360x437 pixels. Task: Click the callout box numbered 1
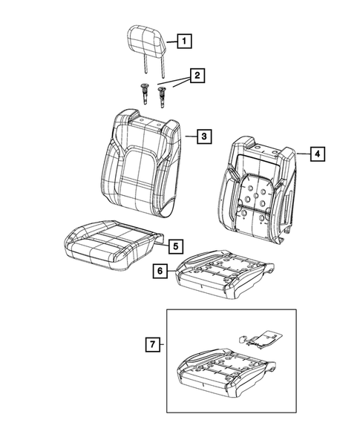pyautogui.click(x=183, y=42)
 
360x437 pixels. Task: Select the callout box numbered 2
pyautogui.click(x=197, y=76)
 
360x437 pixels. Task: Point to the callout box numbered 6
pyautogui.click(x=159, y=272)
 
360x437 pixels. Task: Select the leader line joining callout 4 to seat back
pyautogui.click(x=303, y=153)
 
